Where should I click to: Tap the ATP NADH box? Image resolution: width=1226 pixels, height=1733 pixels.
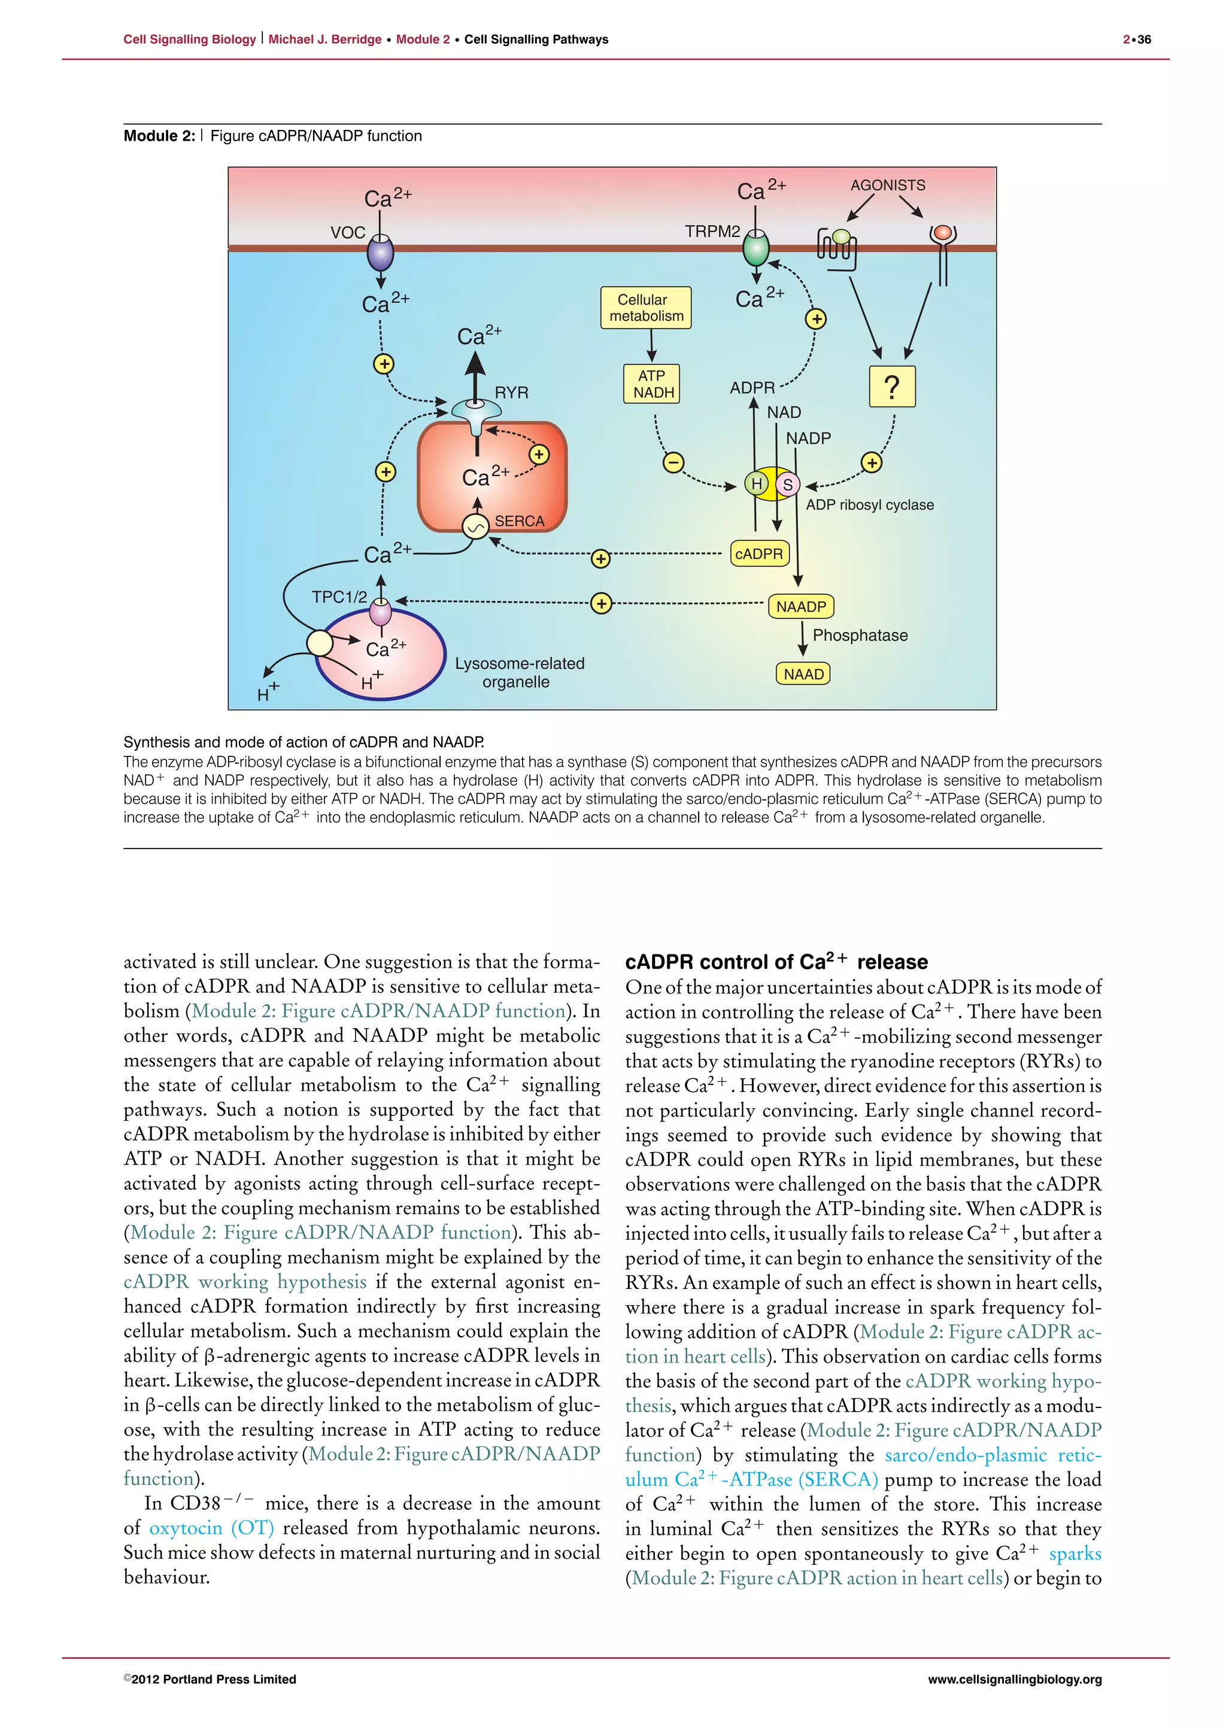[653, 384]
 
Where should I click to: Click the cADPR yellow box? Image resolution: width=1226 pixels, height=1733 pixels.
[758, 554]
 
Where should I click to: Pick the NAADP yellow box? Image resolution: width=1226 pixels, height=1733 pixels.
[801, 607]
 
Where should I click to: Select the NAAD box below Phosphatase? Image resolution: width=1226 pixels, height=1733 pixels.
[803, 674]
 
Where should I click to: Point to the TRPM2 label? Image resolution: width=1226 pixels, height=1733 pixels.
[712, 232]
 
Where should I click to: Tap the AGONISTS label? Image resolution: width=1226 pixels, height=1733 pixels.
[887, 186]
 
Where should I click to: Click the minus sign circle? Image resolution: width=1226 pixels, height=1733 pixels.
[673, 462]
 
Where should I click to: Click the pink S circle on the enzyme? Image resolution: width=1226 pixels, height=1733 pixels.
[787, 485]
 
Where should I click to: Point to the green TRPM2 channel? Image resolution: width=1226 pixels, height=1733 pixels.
[755, 248]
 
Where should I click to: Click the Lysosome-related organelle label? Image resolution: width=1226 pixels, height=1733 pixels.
[520, 673]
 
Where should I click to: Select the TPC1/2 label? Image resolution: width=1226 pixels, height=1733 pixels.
[339, 598]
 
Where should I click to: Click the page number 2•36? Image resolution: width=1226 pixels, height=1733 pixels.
[1136, 39]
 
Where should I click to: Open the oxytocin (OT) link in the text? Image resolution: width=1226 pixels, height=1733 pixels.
[211, 1528]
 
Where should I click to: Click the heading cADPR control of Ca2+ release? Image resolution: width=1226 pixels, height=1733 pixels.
[776, 962]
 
